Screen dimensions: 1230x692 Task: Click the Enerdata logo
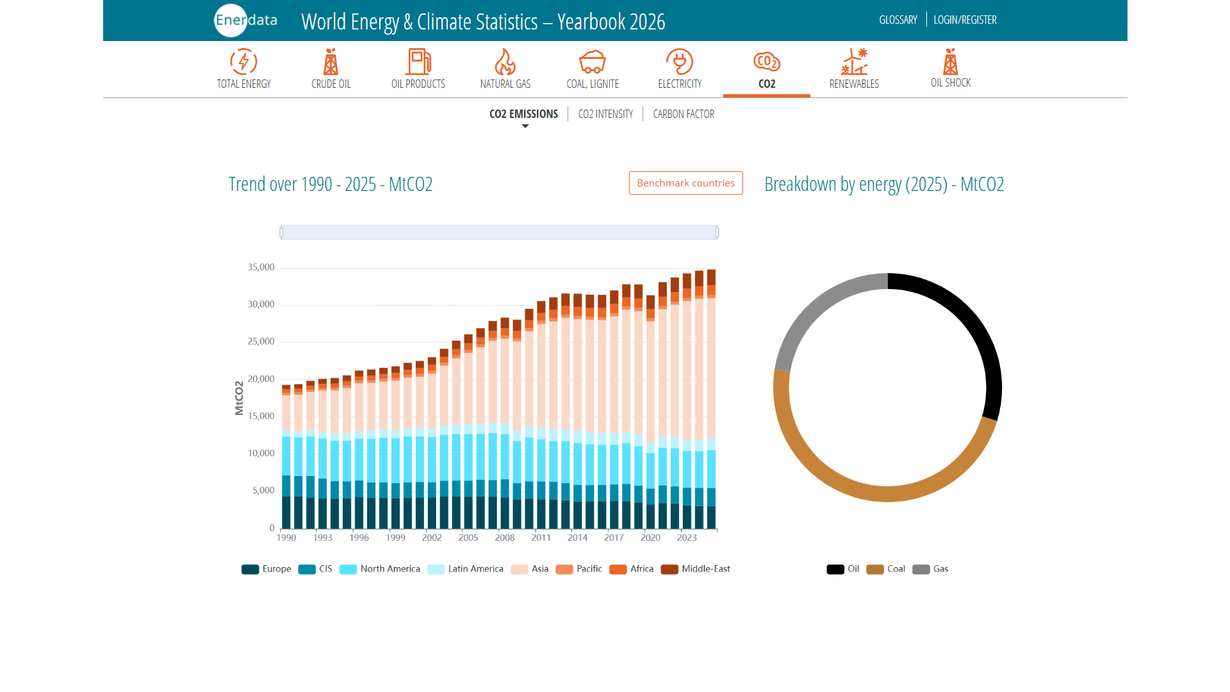click(246, 21)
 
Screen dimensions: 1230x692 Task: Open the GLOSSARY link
click(898, 20)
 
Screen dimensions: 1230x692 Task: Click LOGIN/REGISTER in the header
click(965, 20)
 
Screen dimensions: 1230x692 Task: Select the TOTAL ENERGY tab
click(243, 69)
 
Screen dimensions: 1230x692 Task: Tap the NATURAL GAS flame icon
click(505, 62)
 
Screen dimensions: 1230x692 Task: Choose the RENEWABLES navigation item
click(854, 69)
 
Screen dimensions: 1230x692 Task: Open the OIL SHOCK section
click(951, 69)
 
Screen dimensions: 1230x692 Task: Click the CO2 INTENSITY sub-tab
click(605, 114)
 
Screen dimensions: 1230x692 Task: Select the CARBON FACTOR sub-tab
click(684, 114)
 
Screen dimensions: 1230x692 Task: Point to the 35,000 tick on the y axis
click(261, 267)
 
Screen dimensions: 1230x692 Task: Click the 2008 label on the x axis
click(505, 538)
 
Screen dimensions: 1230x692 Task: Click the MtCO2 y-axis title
click(239, 398)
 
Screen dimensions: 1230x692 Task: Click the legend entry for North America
click(380, 569)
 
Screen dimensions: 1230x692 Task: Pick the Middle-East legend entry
click(696, 569)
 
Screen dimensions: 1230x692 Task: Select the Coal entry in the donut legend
click(886, 569)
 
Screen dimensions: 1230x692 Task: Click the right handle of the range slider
click(717, 233)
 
